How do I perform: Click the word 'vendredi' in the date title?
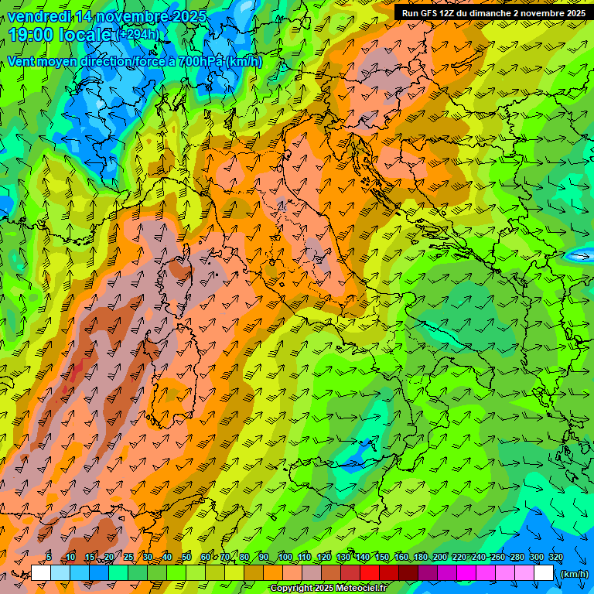click(39, 16)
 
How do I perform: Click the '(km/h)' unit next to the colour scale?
click(573, 574)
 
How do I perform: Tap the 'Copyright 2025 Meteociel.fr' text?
click(328, 589)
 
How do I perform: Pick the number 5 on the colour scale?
click(49, 558)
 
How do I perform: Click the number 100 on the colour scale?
click(285, 558)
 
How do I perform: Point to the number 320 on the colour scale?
click(555, 558)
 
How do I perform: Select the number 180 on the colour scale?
click(421, 558)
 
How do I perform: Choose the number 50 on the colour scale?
click(186, 558)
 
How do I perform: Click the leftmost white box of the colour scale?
click(41, 573)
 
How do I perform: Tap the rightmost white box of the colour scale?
click(544, 573)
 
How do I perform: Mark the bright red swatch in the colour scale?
click(370, 573)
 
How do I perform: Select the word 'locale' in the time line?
click(87, 34)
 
